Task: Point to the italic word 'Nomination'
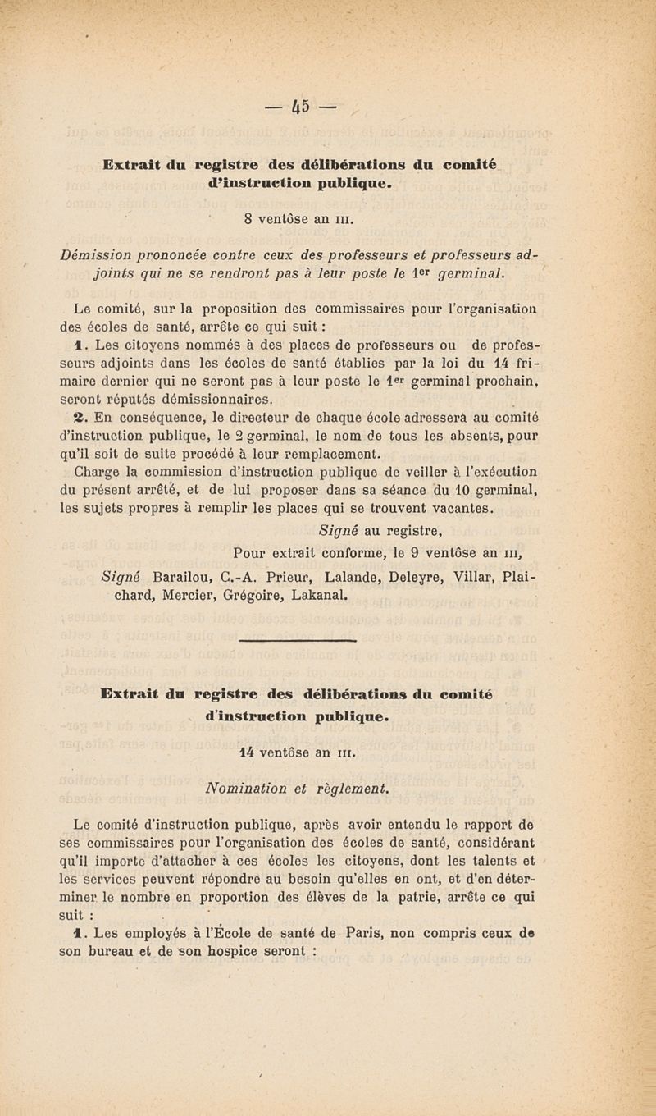click(243, 789)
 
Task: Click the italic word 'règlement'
click(349, 789)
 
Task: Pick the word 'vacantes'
click(462, 510)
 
